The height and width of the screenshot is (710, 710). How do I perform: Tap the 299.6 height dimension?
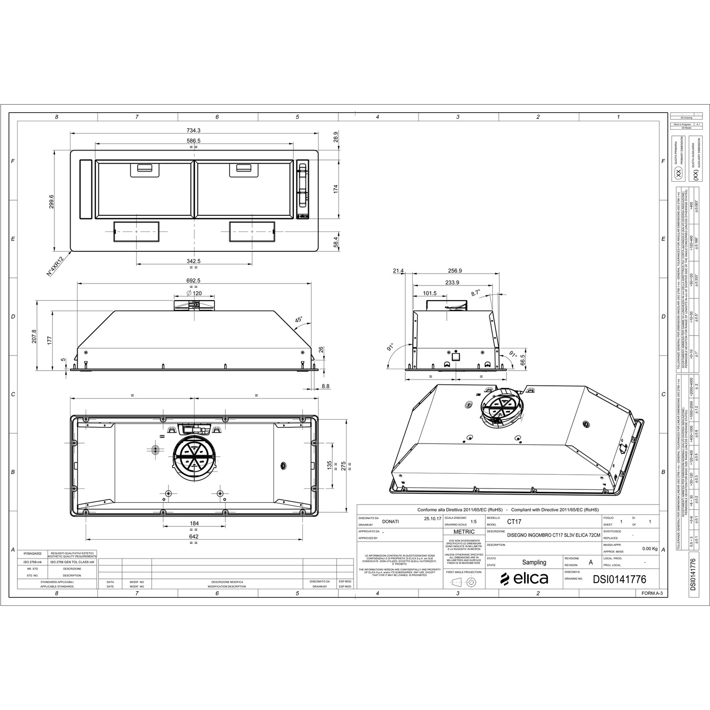click(x=52, y=202)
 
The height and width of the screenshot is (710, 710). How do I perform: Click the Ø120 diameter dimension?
click(x=195, y=293)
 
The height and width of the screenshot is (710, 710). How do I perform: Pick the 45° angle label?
click(x=299, y=319)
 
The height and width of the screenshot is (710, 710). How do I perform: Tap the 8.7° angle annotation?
click(x=475, y=293)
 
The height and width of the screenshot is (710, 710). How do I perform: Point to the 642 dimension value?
click(x=194, y=536)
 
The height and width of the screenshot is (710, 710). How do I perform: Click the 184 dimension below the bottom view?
click(x=194, y=523)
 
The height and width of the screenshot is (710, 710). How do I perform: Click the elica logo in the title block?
click(x=524, y=578)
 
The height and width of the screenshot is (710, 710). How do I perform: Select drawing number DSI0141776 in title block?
click(x=619, y=579)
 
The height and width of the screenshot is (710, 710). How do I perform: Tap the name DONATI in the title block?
click(x=390, y=521)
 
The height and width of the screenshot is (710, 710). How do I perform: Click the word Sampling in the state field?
click(x=534, y=562)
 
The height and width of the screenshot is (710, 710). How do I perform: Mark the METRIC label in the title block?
click(x=464, y=532)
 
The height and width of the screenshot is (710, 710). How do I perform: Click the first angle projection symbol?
click(x=464, y=582)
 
